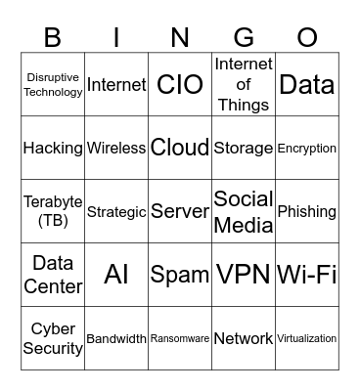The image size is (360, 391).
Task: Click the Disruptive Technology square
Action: [54, 85]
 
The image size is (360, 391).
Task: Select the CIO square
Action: [180, 85]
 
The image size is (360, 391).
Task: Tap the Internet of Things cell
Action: [244, 85]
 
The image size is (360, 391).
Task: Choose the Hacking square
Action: [54, 149]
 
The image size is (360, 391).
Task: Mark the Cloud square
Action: [180, 149]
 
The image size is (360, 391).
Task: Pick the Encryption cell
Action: [307, 149]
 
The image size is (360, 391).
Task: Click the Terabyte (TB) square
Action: [54, 211]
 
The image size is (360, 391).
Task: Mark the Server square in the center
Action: [180, 211]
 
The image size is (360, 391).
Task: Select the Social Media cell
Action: [244, 211]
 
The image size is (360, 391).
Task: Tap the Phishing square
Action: [307, 211]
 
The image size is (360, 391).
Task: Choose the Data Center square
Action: [54, 275]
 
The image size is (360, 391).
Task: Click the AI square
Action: [116, 275]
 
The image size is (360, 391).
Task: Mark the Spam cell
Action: [180, 275]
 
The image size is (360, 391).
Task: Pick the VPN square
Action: [244, 275]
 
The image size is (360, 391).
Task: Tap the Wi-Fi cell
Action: [307, 275]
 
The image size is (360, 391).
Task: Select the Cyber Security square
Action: [54, 338]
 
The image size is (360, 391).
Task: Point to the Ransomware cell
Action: [180, 338]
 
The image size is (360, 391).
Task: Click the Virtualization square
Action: [307, 338]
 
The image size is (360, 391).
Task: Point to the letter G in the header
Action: [244, 37]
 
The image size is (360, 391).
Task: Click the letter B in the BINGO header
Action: [54, 37]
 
